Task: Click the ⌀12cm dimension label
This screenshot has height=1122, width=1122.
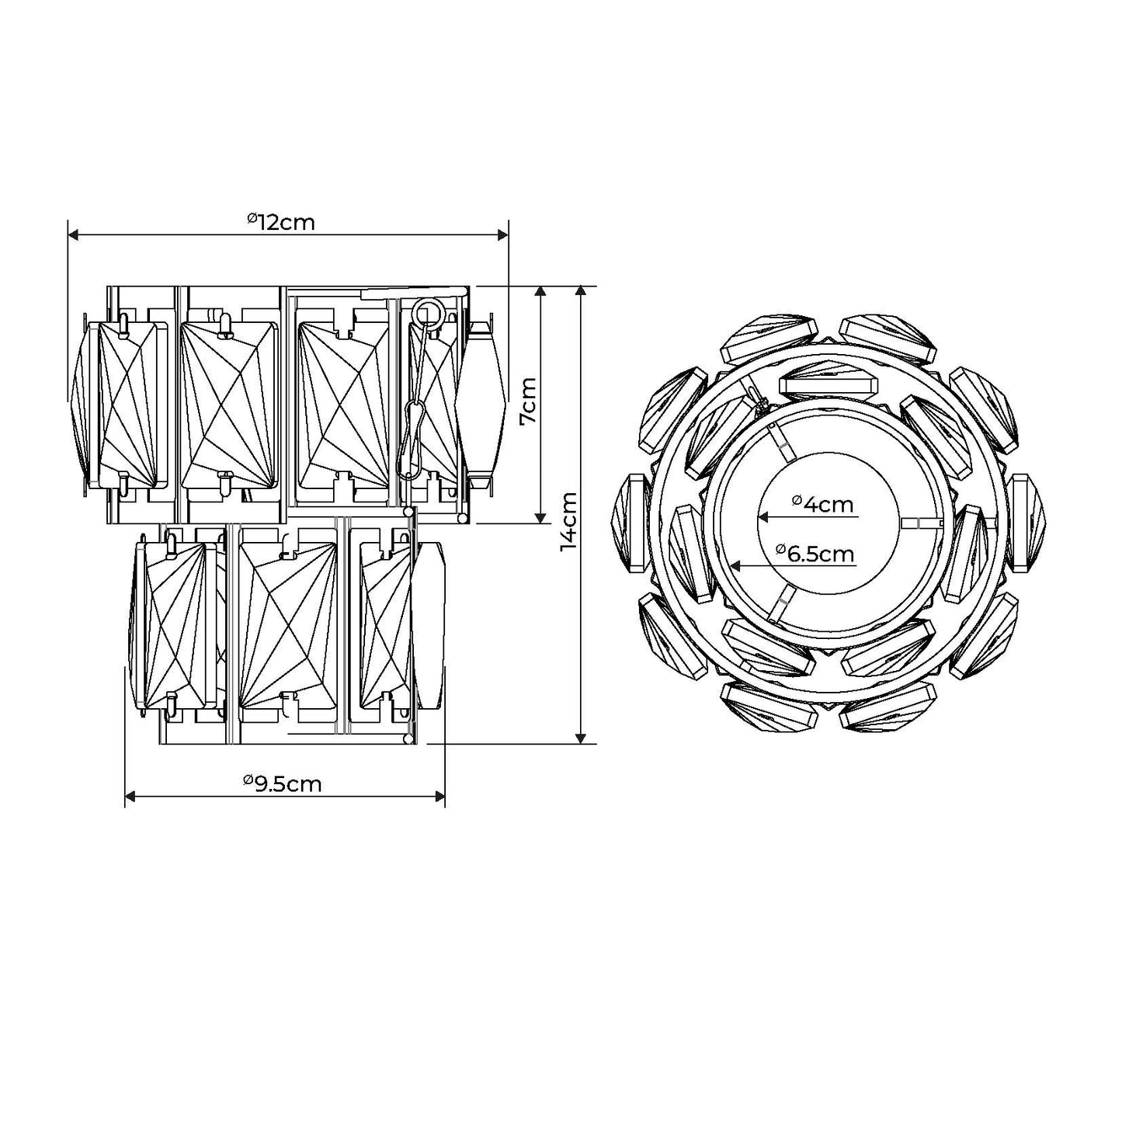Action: coord(282,222)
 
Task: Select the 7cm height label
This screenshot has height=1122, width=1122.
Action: coord(527,401)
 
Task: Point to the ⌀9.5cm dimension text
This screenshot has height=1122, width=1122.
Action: coord(282,783)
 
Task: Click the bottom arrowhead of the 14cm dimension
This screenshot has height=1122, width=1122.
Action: coord(582,737)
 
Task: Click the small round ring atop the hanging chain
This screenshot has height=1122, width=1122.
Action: coord(426,313)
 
